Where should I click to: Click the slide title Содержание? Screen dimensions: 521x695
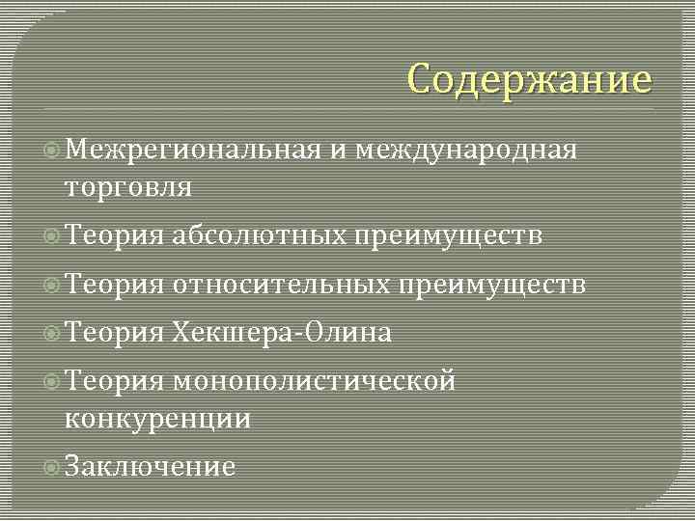[529, 79]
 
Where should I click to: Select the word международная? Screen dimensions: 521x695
[466, 150]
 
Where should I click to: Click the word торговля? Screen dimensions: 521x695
[127, 186]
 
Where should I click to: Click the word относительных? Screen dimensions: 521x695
[280, 285]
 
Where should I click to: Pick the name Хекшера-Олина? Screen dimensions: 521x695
[283, 334]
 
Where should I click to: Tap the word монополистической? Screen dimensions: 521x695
[314, 382]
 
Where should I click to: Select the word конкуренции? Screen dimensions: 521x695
[157, 419]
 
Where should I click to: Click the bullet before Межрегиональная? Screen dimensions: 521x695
[53, 151]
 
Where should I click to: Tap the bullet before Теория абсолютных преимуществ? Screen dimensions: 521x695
[53, 236]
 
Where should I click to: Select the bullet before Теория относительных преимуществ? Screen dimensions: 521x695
[53, 286]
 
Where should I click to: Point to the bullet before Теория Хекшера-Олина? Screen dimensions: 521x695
[53, 334]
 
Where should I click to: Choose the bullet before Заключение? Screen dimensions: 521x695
[53, 468]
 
